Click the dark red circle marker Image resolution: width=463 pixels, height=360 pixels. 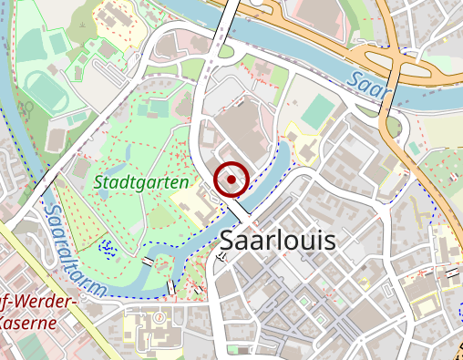231,180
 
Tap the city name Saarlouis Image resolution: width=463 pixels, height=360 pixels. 278,242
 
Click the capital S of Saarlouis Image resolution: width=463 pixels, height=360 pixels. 229,242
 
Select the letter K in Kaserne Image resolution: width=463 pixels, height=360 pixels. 5,323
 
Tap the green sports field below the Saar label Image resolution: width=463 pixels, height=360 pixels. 318,112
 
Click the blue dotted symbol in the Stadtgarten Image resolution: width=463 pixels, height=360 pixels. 108,245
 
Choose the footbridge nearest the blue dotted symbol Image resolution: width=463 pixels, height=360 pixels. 149,262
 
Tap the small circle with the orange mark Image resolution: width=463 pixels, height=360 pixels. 159,318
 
